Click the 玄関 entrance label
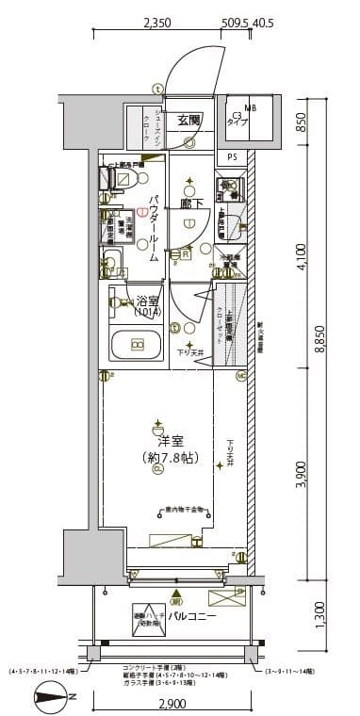(188, 120)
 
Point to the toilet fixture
(114, 181)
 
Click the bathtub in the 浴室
(137, 346)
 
